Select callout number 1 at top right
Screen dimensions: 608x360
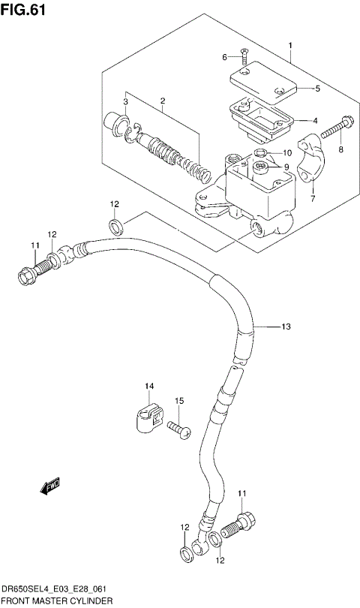(289, 45)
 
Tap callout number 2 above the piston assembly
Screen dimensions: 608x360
(162, 101)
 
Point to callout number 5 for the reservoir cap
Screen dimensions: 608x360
(317, 89)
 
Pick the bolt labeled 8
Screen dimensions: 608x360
(334, 134)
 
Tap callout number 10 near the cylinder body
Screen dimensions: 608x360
(286, 153)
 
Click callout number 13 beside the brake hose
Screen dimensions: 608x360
(286, 327)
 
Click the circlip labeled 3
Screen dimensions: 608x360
(130, 133)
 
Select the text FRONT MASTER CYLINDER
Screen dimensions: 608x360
(58, 601)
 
